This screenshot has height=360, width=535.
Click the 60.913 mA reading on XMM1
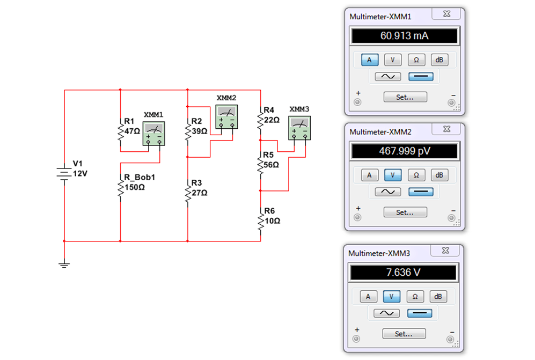(x=404, y=36)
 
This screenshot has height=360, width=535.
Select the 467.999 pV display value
(x=405, y=151)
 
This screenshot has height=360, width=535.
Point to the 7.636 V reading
(x=403, y=273)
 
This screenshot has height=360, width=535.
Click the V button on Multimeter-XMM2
(x=393, y=175)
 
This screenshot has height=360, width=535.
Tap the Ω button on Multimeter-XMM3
(x=415, y=297)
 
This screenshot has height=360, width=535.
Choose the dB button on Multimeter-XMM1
(x=439, y=60)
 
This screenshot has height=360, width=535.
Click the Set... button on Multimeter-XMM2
(x=405, y=212)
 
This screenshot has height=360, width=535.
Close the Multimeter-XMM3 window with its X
(x=445, y=251)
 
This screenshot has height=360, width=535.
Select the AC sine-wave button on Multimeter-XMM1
(x=388, y=76)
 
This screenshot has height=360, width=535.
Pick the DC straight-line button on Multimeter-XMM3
(x=420, y=313)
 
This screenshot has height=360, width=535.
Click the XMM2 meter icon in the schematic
(x=226, y=117)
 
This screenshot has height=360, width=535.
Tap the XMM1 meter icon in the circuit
(x=153, y=134)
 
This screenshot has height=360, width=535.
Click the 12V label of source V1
(x=80, y=174)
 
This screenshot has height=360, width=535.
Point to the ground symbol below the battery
(x=64, y=265)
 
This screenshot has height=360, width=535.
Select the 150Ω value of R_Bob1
(x=135, y=187)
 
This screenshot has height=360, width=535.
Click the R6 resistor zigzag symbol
(x=261, y=222)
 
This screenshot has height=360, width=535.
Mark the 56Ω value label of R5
(x=271, y=165)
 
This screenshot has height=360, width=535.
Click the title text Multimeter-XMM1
(x=380, y=17)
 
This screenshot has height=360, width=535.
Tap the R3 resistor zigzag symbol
(x=188, y=194)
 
